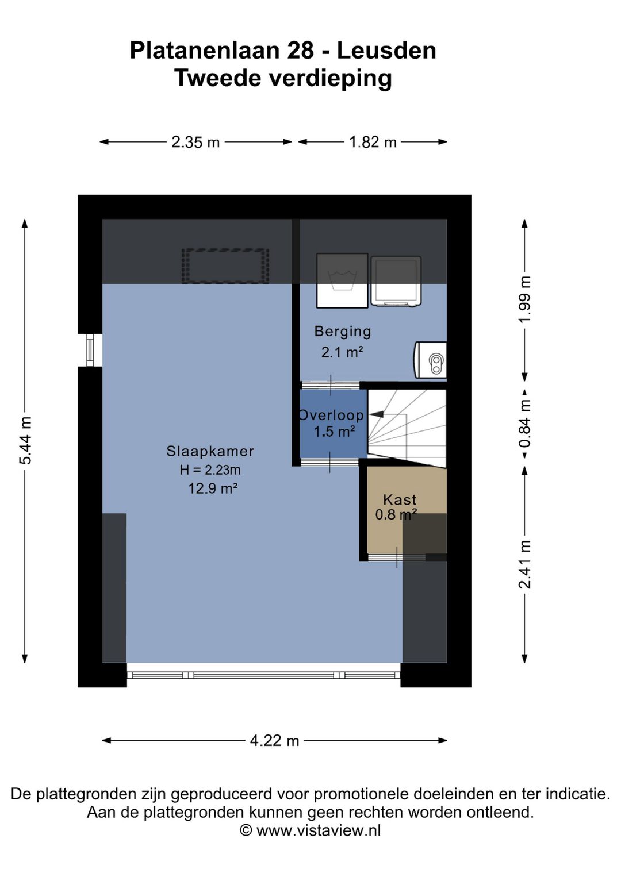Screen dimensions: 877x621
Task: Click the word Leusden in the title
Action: [x=386, y=51]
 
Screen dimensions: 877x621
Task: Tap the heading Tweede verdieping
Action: [x=283, y=78]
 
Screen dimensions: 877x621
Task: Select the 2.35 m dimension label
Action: [x=195, y=142]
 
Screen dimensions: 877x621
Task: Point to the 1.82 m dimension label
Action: [x=373, y=142]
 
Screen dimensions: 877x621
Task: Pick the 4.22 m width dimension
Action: [x=274, y=741]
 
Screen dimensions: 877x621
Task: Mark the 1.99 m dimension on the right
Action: [x=524, y=299]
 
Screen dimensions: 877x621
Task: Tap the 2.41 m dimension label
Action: [x=524, y=564]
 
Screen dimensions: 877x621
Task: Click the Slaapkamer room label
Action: [x=210, y=452]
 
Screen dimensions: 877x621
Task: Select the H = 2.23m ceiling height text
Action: [x=210, y=470]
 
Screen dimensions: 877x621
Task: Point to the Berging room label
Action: [x=343, y=332]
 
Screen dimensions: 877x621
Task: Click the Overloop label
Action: [x=331, y=415]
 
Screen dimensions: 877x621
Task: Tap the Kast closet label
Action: [x=400, y=499]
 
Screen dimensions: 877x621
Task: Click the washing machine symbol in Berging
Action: [x=342, y=280]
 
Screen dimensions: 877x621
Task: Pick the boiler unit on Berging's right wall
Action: [x=431, y=360]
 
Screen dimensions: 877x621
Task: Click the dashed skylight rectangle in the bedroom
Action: [x=225, y=266]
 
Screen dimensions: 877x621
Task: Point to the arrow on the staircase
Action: [x=377, y=414]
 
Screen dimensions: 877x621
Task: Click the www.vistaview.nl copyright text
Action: [x=310, y=830]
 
